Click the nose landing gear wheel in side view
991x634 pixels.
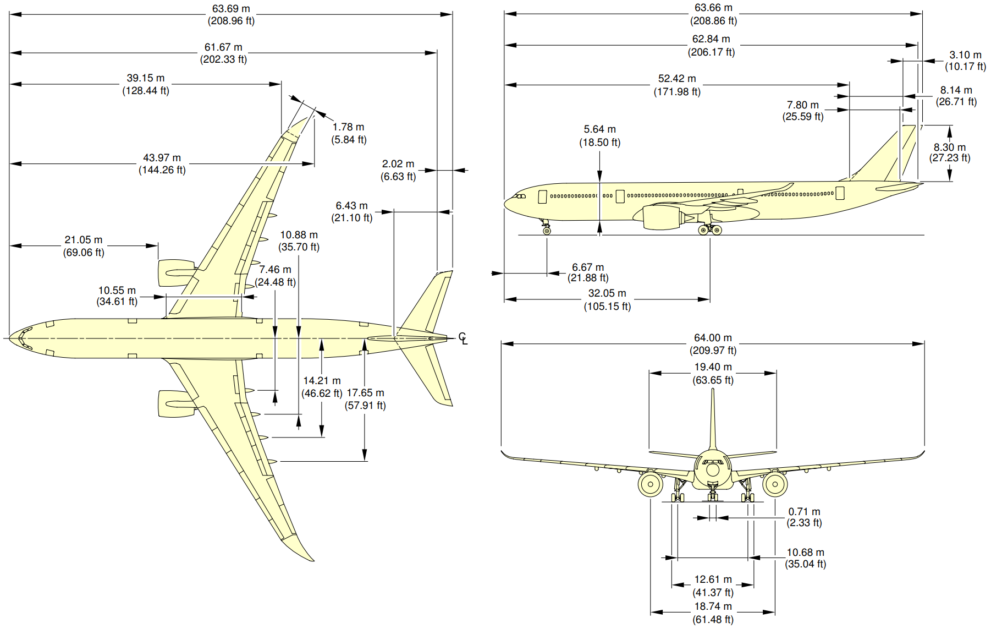pos(547,231)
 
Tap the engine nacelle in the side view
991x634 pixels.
pos(663,217)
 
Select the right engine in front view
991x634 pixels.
pos(775,484)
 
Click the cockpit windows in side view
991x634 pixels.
pos(519,196)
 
